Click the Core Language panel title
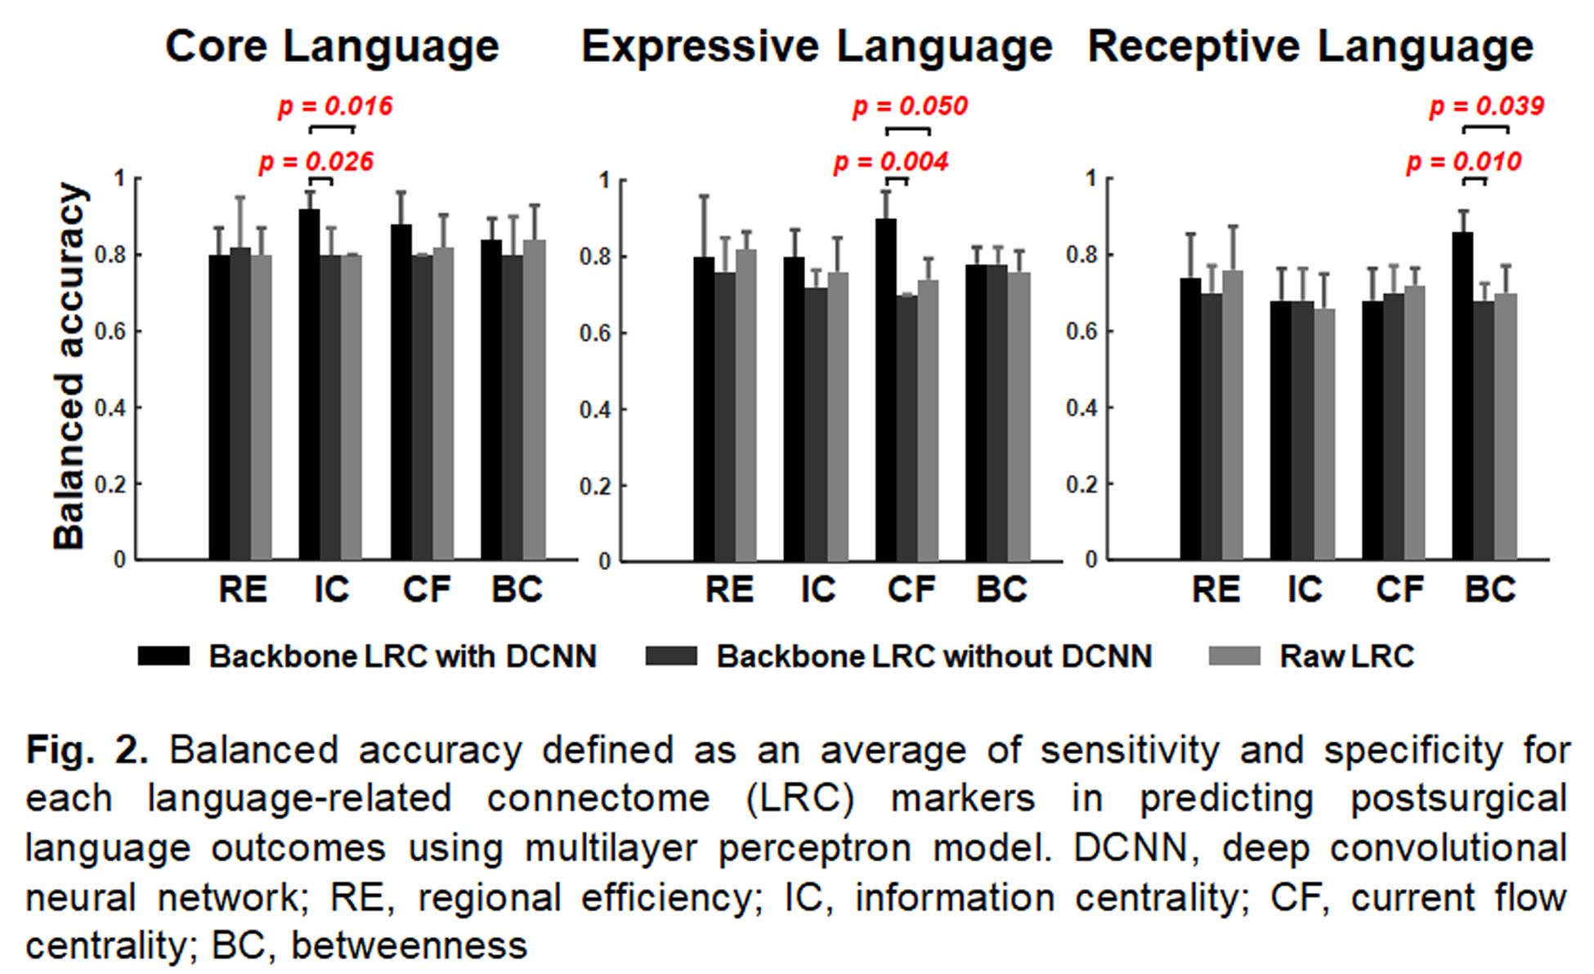[x=332, y=46]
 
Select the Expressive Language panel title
[x=817, y=46]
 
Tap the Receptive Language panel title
[x=1310, y=46]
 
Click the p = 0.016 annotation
[x=335, y=106]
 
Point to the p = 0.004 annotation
[x=890, y=162]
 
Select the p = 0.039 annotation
[x=1486, y=106]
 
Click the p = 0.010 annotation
[x=1463, y=162]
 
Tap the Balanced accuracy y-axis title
[x=69, y=366]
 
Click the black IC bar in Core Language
[x=309, y=384]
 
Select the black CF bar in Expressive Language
[x=885, y=389]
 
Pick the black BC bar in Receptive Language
[x=1462, y=396]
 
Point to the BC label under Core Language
[x=517, y=590]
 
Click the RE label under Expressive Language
[x=729, y=590]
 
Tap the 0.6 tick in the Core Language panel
[x=110, y=332]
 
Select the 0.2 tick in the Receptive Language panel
[x=1081, y=485]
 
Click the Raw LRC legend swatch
[x=1234, y=656]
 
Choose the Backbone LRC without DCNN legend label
[x=934, y=656]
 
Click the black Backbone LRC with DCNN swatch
[x=163, y=656]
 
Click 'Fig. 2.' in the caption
[x=87, y=750]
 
